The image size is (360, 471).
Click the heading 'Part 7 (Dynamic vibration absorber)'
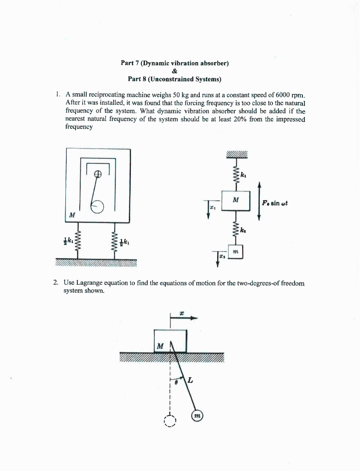pos(174,63)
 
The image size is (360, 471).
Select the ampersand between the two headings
pos(174,71)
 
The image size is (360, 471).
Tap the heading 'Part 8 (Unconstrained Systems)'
pos(174,79)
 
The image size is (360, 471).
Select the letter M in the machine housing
pos(72,215)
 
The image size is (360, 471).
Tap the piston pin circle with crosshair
pos(98,174)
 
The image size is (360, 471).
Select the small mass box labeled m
pos(235,252)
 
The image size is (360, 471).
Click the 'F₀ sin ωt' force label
pos(275,203)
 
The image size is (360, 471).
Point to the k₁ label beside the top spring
pos(244,175)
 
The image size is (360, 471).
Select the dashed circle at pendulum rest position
pos(170,421)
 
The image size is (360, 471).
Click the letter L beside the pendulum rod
pos(190,380)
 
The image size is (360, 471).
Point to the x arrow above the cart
pos(184,317)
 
